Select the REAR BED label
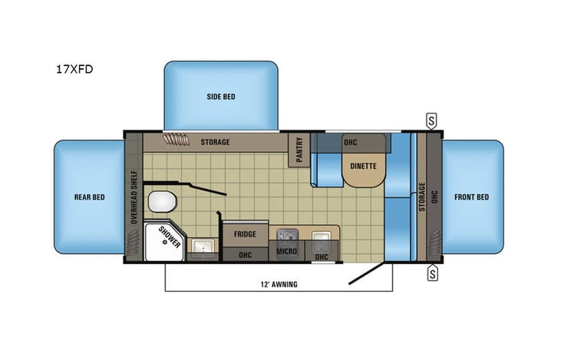pos(88,197)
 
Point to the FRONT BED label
pos(471,197)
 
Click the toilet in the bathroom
pos(163,202)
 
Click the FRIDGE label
pos(245,234)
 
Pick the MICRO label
pos(287,251)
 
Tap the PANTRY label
pos(298,149)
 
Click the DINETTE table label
pos(362,166)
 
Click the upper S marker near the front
pos(432,120)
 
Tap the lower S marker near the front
pos(432,271)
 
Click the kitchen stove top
pos(288,235)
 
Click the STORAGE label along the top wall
pos(215,142)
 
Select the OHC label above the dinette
pos(350,142)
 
